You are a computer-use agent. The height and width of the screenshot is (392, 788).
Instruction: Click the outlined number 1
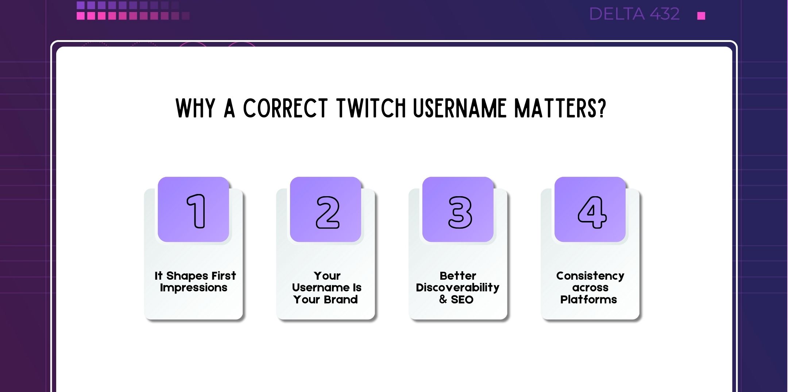pos(197,211)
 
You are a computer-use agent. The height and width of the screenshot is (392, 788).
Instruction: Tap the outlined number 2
pos(328,212)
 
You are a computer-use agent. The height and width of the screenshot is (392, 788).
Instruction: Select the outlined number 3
pos(460,212)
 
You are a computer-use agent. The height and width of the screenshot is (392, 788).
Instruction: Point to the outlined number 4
pos(592,212)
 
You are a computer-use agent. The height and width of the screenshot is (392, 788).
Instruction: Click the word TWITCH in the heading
pos(371,108)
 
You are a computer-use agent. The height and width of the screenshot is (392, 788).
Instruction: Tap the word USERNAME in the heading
pos(460,108)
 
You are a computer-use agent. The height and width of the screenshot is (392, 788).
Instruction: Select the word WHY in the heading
pos(196,108)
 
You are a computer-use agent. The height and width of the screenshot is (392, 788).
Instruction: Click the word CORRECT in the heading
pos(285,108)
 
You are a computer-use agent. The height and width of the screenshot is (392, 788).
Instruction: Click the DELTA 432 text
pos(634,14)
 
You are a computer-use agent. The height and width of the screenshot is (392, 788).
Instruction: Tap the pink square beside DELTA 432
pos(701,16)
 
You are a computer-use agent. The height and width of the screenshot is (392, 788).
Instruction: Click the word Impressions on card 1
pos(193,288)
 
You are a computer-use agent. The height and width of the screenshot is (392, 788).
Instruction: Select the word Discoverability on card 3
pos(457,288)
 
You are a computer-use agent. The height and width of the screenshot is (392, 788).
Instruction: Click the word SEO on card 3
pos(462,299)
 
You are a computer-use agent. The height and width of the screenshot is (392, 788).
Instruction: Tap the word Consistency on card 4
pos(590,276)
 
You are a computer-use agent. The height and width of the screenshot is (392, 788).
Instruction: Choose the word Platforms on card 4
pos(588,299)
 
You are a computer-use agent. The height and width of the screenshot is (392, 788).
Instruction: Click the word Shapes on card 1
pos(187,276)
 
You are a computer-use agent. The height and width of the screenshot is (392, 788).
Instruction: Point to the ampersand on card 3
pos(443,299)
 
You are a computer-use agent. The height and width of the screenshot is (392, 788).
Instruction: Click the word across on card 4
pos(590,288)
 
